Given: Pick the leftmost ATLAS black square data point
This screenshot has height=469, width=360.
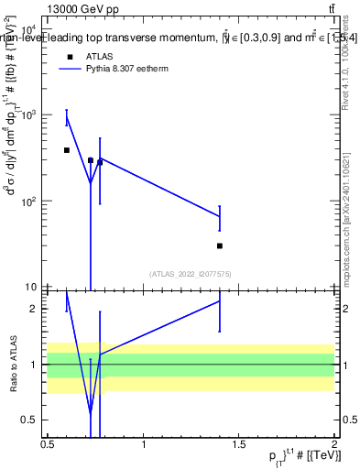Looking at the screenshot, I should point(67,149).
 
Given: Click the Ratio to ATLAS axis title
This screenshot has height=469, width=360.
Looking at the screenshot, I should point(12,365).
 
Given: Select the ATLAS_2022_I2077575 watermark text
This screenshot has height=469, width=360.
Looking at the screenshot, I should point(191,274).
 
